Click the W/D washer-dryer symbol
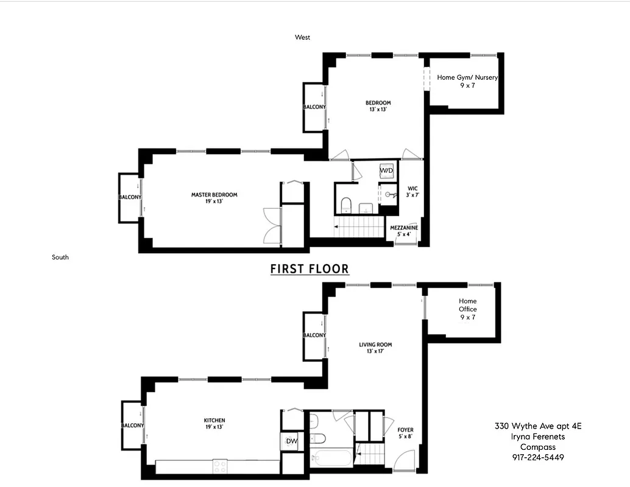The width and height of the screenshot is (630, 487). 387,171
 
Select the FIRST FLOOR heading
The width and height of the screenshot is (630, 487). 310,268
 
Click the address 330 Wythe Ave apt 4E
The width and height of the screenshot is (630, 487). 538,426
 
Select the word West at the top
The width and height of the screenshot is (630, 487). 302,38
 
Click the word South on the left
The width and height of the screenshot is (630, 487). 60,258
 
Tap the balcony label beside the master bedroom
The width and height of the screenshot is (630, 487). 130,197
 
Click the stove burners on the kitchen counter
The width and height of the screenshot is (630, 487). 220,466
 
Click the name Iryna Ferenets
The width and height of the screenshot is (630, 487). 538,436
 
